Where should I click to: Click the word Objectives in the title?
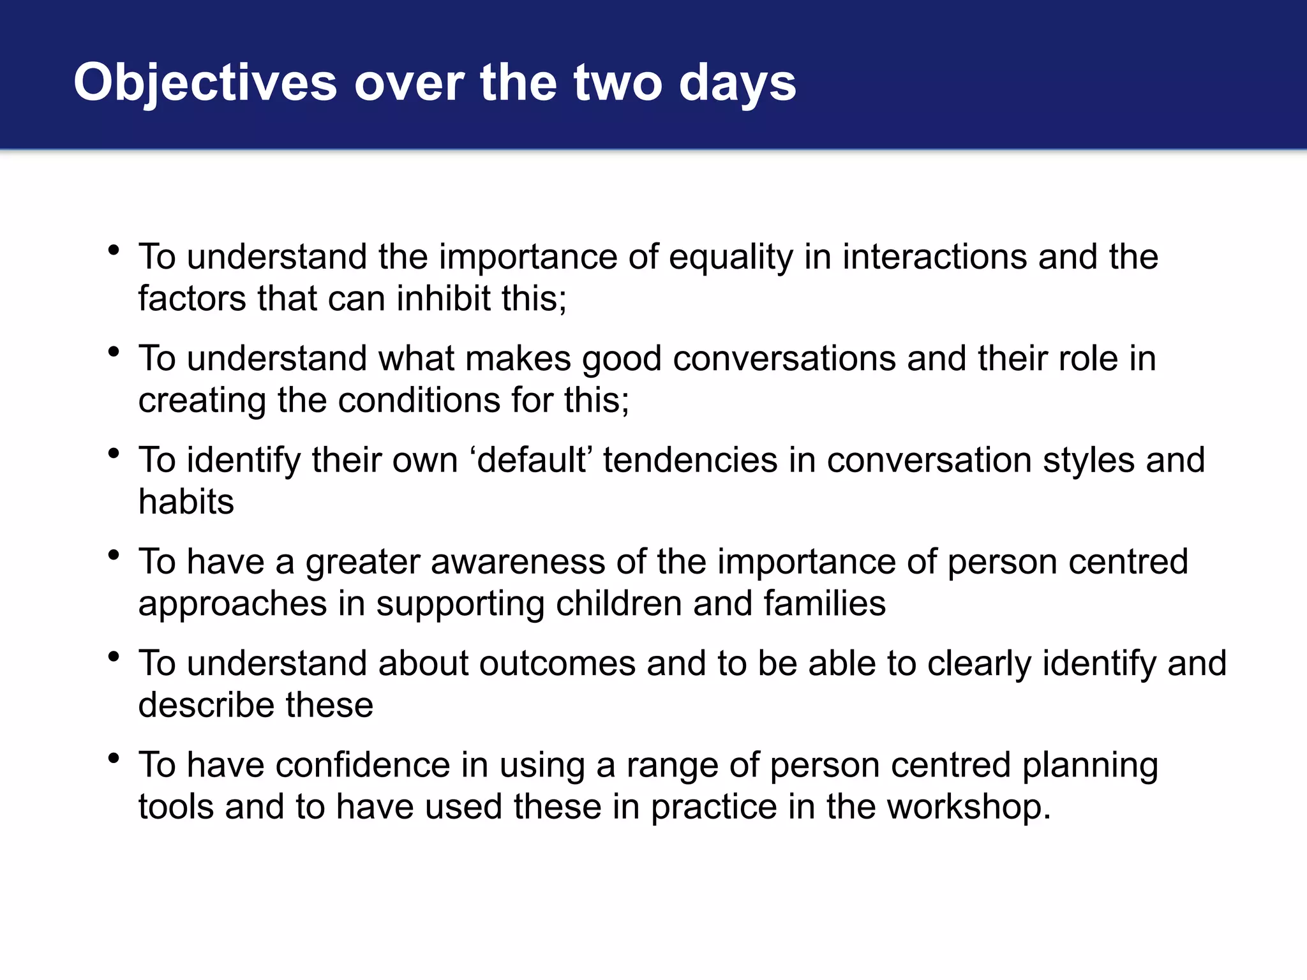[x=205, y=83]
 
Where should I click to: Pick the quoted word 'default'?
[x=532, y=460]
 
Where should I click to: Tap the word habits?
[x=186, y=502]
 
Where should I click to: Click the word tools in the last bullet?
[x=176, y=807]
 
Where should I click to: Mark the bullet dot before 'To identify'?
[x=114, y=454]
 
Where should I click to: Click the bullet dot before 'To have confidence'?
[x=114, y=759]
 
